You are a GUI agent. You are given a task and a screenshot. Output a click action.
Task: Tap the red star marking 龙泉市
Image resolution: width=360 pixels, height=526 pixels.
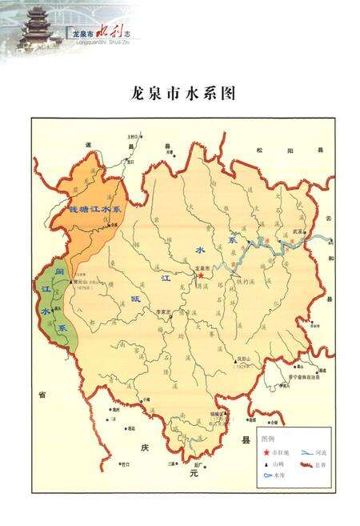pyautogui.click(x=200, y=275)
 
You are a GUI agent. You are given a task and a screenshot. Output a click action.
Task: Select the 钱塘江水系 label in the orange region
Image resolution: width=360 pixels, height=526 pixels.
pyautogui.click(x=94, y=209)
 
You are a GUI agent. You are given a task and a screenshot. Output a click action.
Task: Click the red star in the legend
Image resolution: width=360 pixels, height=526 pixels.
pyautogui.click(x=266, y=452)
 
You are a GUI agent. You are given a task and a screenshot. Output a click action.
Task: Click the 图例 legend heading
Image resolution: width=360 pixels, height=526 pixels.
pyautogui.click(x=268, y=440)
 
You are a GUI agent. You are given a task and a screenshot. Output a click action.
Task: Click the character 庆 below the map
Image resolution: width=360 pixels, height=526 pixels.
pyautogui.click(x=145, y=447)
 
